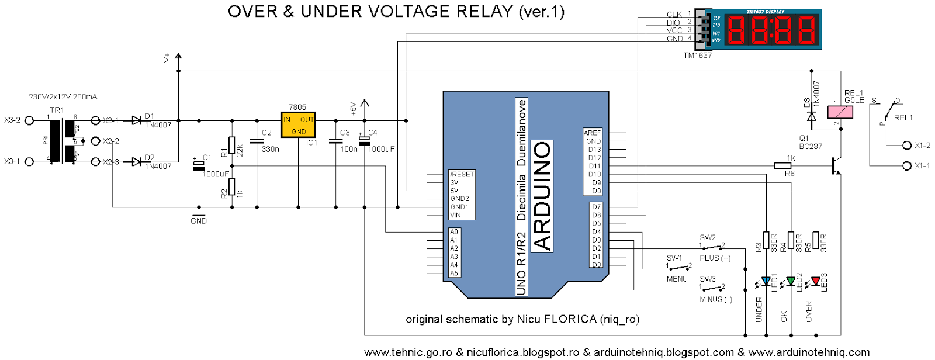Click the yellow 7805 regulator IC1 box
[x=298, y=124]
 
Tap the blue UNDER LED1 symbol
[x=766, y=282]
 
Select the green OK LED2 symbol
[x=791, y=282]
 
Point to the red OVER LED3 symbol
[x=816, y=282]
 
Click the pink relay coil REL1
[x=840, y=112]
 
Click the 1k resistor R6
[x=782, y=166]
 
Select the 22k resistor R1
[x=232, y=144]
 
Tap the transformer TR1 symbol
[x=62, y=141]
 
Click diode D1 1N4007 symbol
[x=137, y=120]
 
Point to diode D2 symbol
[x=137, y=161]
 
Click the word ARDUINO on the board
[x=543, y=196]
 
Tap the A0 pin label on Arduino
[x=454, y=232]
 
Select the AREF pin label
[x=592, y=133]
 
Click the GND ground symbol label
[x=199, y=221]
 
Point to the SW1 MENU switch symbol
[x=678, y=268]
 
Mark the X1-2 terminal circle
[x=907, y=146]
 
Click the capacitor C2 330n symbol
[x=257, y=141]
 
